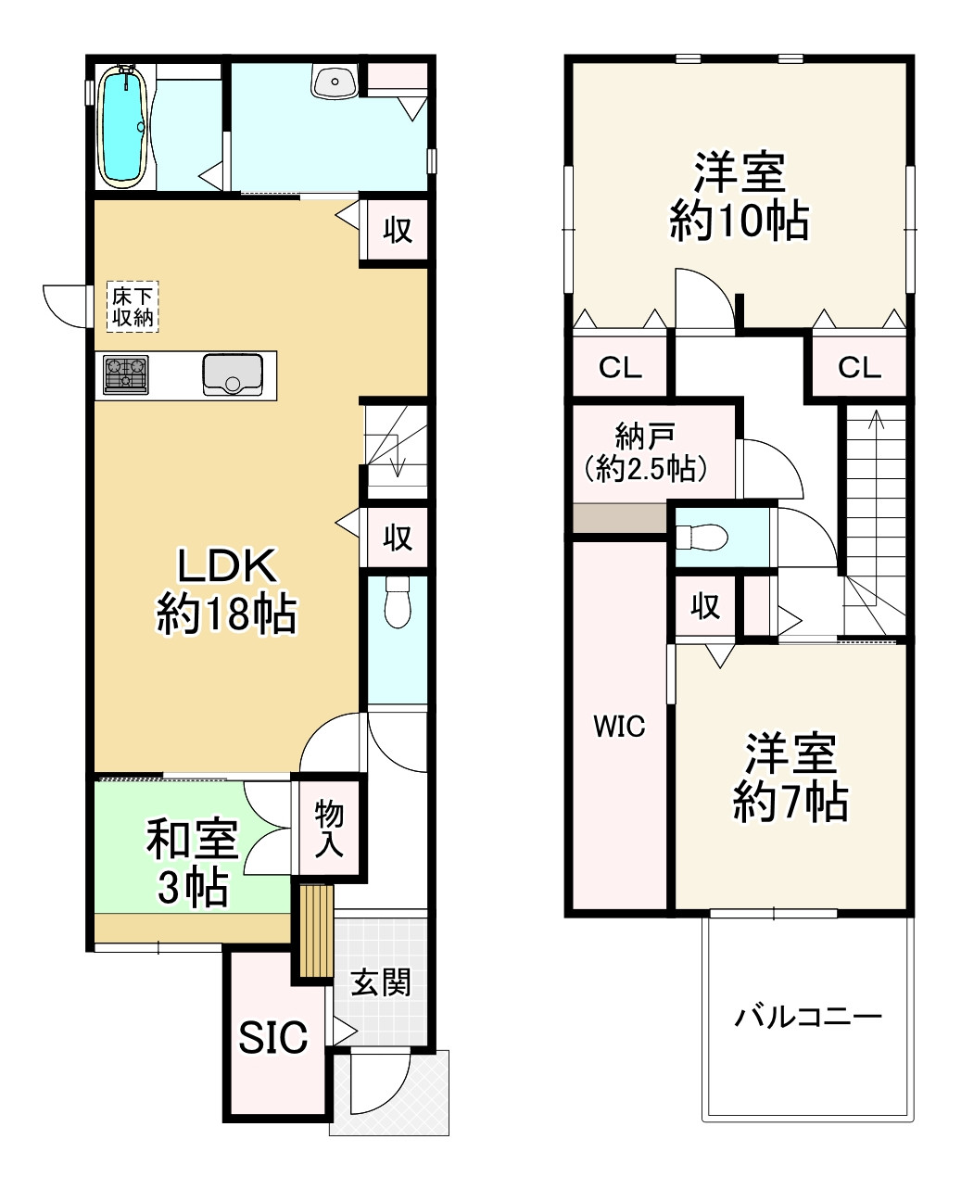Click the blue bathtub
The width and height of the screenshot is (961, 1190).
pyautogui.click(x=123, y=128)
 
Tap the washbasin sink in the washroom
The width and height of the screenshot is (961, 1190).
pyautogui.click(x=334, y=82)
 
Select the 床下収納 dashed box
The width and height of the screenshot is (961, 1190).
pyautogui.click(x=133, y=307)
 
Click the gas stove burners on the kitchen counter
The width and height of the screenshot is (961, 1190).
pyautogui.click(x=125, y=375)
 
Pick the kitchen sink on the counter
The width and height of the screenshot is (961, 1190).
pyautogui.click(x=232, y=374)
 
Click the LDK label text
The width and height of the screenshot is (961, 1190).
pyautogui.click(x=227, y=565)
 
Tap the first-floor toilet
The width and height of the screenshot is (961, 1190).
pyautogui.click(x=398, y=601)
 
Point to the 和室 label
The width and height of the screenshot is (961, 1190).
pyautogui.click(x=192, y=840)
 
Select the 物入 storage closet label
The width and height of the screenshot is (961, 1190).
pyautogui.click(x=329, y=829)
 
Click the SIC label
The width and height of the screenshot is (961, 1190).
pyautogui.click(x=273, y=1038)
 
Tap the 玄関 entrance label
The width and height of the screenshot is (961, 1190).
pyautogui.click(x=380, y=982)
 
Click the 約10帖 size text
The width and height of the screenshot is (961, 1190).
pyautogui.click(x=740, y=222)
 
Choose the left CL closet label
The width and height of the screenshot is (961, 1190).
pyautogui.click(x=620, y=369)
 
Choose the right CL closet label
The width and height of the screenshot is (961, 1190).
pyautogui.click(x=859, y=369)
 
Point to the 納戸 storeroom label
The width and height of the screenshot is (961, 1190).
pyautogui.click(x=645, y=435)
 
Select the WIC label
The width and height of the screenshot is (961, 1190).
pyautogui.click(x=619, y=727)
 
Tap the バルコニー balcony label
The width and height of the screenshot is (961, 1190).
pyautogui.click(x=808, y=1018)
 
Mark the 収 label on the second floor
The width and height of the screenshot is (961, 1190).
pyautogui.click(x=705, y=606)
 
